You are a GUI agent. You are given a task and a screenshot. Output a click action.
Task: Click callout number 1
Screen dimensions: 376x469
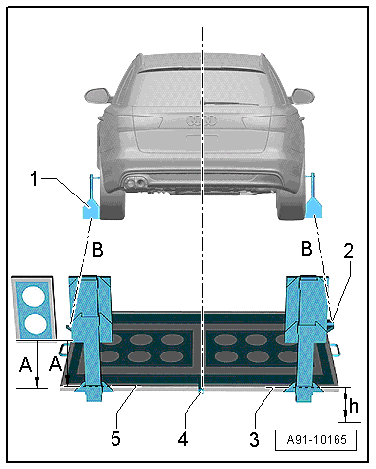point(34,179)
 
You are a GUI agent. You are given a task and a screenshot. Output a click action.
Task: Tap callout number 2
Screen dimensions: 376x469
point(348,251)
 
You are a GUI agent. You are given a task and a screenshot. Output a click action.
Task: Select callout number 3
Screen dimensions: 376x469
point(254,439)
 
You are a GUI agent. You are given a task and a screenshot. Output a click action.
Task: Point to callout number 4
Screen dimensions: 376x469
point(183,439)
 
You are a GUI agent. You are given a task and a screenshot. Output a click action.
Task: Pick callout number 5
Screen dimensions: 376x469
point(115,439)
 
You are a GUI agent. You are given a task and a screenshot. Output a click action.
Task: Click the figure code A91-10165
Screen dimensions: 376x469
point(317,439)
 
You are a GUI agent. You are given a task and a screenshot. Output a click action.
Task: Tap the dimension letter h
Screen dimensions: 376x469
point(354,406)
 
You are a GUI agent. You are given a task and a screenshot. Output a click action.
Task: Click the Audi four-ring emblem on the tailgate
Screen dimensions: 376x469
point(201,120)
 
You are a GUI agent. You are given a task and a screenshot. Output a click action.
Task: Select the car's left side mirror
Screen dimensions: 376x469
point(96,95)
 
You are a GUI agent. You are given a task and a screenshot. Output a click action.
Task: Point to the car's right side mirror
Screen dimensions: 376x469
point(303,96)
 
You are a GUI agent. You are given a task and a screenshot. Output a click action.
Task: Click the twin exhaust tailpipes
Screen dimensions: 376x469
point(135,183)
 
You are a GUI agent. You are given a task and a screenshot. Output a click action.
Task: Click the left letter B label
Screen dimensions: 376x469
point(98,249)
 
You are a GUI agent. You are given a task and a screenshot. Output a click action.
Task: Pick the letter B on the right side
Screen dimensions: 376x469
point(307,248)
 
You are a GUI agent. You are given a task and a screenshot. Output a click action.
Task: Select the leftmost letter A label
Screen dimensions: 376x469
point(26,365)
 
